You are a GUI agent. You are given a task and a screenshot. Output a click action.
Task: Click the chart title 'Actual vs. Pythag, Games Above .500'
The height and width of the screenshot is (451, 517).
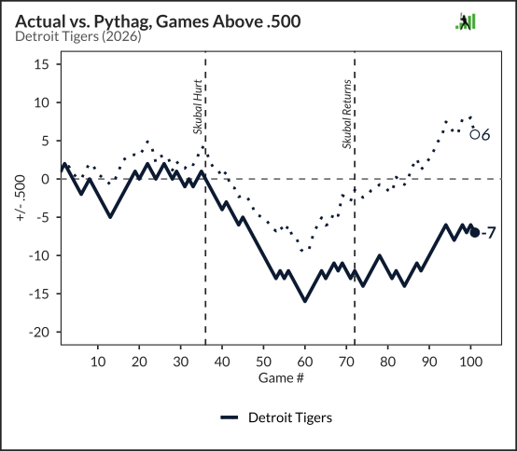pyautogui.click(x=158, y=21)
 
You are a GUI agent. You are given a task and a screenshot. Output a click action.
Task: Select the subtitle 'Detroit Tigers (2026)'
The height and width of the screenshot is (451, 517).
pyautogui.click(x=78, y=36)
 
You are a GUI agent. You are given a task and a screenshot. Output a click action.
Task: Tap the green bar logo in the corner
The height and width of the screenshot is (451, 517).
pyautogui.click(x=466, y=21)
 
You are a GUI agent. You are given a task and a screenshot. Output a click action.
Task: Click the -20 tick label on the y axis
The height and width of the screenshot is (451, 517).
pyautogui.click(x=39, y=332)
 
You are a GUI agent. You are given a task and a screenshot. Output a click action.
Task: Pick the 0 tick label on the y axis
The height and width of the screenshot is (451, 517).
pyautogui.click(x=46, y=179)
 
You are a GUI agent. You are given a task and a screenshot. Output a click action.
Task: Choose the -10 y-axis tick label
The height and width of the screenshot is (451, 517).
pyautogui.click(x=39, y=255)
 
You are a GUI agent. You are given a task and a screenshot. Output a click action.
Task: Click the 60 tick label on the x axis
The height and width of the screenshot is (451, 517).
pyautogui.click(x=304, y=362)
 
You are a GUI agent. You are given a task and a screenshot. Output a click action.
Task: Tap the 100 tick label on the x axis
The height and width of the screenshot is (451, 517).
pyautogui.click(x=470, y=362)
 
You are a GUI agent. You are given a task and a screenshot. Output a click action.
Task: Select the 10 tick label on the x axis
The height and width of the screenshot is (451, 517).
pyautogui.click(x=98, y=362)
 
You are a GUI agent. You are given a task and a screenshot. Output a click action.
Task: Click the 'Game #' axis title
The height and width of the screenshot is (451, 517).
pyautogui.click(x=281, y=378)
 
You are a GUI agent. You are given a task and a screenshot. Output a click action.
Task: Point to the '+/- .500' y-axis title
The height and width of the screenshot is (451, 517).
pyautogui.click(x=21, y=198)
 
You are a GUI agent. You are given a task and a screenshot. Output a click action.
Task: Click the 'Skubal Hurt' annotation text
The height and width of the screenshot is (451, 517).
pyautogui.click(x=197, y=106)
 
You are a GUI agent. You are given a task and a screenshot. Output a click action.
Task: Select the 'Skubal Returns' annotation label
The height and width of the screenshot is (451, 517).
pyautogui.click(x=347, y=114)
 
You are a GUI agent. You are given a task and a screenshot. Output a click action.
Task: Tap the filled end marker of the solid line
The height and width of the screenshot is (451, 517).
pyautogui.click(x=474, y=233)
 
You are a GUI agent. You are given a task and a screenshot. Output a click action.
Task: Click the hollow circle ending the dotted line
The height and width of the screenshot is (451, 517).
pyautogui.click(x=474, y=134)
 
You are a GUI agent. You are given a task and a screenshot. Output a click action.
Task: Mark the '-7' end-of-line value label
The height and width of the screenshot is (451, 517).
pyautogui.click(x=488, y=233)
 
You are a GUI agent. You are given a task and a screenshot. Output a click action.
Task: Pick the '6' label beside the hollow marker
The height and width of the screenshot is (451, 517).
pyautogui.click(x=485, y=135)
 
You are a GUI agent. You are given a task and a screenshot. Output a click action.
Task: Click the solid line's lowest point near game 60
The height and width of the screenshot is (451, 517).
pyautogui.click(x=305, y=301)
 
